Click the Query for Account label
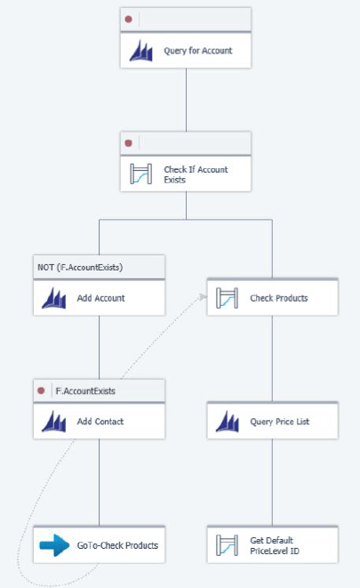(198, 51)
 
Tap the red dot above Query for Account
(129, 19)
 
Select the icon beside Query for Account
(140, 51)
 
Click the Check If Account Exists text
(196, 174)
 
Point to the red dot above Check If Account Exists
(129, 143)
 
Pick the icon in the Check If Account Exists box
(140, 174)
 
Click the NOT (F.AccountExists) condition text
(80, 268)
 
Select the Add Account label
(100, 298)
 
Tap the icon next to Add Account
(54, 298)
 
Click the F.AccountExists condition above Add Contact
(85, 391)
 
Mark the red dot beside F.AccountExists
(41, 391)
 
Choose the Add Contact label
(100, 422)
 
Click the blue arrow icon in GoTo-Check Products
(54, 545)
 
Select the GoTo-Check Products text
(117, 545)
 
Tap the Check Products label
(279, 298)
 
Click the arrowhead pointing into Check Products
(203, 297)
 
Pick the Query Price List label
(280, 422)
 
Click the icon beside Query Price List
(228, 422)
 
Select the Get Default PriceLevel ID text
(275, 545)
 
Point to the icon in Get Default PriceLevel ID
(227, 545)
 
